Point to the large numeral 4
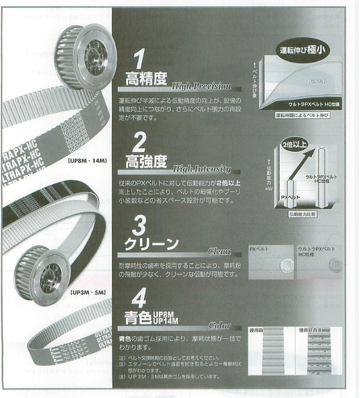140,298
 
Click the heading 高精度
146,79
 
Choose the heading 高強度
146,162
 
